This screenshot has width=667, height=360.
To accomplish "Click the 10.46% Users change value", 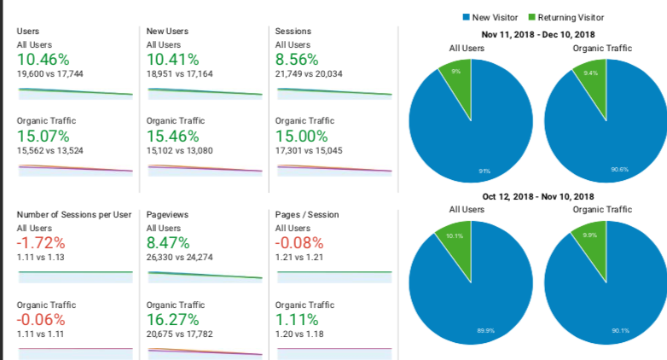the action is click(x=43, y=60).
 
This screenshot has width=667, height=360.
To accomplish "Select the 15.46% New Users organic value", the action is click(x=172, y=136).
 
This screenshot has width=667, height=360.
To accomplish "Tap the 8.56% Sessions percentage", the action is click(x=297, y=60).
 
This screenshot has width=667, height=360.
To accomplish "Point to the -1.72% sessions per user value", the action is click(x=41, y=243).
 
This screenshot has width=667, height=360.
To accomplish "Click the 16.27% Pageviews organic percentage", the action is click(x=172, y=320).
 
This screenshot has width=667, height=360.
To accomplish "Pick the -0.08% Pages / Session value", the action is click(x=299, y=243).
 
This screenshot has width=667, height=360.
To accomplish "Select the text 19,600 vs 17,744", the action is click(x=49, y=74).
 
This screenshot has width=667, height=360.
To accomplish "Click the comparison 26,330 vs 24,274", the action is click(x=179, y=258).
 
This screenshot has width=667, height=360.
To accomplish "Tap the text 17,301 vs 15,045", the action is click(x=309, y=151).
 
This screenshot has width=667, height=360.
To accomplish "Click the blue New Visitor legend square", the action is click(x=467, y=17).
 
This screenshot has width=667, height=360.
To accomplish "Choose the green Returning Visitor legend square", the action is click(x=531, y=17).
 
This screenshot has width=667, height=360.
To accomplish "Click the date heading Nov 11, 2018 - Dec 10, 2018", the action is click(x=538, y=34).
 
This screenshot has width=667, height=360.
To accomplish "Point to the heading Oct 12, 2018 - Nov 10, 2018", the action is click(x=538, y=196).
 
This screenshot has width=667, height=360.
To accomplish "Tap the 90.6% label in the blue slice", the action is click(x=620, y=170).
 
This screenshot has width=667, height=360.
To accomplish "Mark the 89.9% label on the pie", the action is click(x=486, y=331).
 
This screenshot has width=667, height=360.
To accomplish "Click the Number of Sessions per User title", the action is click(x=74, y=214).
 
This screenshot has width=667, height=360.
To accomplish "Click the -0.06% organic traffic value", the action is click(x=41, y=320).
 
